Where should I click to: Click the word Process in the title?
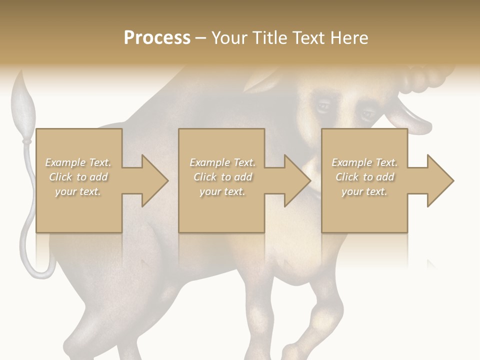(157, 38)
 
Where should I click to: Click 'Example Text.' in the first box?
(78, 162)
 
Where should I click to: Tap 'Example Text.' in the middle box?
(222, 162)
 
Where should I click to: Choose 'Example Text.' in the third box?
(364, 162)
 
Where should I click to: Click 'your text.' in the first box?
(78, 191)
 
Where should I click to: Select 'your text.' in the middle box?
(222, 191)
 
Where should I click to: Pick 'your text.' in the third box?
(364, 191)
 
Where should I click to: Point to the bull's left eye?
(322, 106)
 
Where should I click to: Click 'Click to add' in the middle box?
(222, 177)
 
